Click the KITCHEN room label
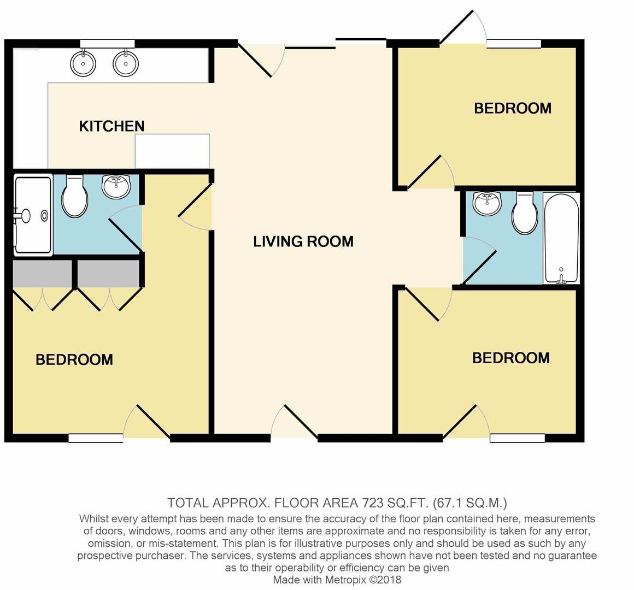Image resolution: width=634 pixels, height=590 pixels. (112, 126)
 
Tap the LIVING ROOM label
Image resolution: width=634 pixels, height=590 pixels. (303, 241)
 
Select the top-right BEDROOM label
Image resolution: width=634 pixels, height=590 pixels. (513, 108)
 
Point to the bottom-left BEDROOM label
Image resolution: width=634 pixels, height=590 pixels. (74, 359)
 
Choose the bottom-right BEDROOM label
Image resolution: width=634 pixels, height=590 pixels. (511, 358)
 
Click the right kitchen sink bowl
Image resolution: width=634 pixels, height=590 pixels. (126, 63)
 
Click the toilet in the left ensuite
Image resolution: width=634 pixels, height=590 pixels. (75, 197)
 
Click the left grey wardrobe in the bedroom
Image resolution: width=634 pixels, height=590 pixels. (43, 274)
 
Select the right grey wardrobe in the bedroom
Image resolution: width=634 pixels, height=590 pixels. (108, 274)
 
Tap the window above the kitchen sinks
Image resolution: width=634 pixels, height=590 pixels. (107, 43)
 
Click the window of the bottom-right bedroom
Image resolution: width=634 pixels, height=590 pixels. (518, 438)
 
